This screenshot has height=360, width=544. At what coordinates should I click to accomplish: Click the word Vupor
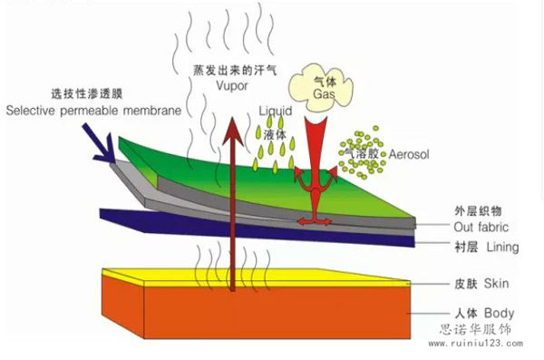pos(232,86)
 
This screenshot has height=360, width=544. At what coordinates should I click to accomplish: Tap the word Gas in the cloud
pos(324,93)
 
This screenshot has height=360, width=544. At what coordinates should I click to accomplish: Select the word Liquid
pos(276,112)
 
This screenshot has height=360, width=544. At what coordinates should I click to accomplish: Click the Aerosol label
pos(409,154)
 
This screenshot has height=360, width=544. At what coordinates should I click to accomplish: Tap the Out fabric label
pos(481,227)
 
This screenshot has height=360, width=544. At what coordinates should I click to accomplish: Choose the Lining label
pos(502,248)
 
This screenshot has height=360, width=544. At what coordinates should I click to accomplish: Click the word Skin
pos(497,283)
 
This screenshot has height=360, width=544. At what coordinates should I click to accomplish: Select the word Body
pos(499,313)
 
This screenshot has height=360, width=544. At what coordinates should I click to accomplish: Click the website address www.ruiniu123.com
pos(476,344)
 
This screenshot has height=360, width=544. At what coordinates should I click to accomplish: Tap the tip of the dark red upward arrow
pos(232,117)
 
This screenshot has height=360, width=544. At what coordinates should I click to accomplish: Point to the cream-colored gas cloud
pos(321,87)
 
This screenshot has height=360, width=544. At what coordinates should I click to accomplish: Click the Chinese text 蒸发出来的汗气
pos(235,71)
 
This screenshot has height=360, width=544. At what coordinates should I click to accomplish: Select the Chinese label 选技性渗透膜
pos(87,93)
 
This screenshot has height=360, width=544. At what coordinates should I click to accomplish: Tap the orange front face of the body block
pos(277,312)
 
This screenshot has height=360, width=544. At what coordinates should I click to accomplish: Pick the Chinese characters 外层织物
pos(478,210)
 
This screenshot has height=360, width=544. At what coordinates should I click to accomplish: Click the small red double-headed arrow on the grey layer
pos(315,221)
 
